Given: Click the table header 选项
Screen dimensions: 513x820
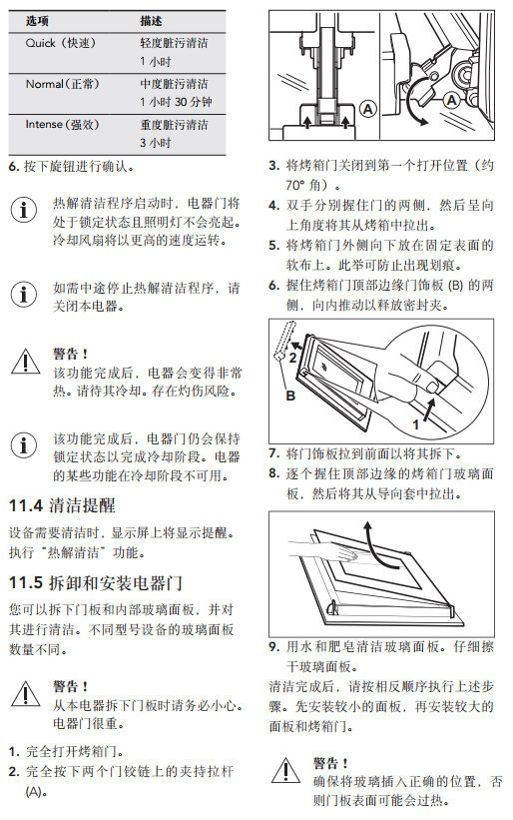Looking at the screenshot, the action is click(37, 21).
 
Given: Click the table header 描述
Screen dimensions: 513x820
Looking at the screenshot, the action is click(151, 21).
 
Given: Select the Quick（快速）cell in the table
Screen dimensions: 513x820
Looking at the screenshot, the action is click(61, 43).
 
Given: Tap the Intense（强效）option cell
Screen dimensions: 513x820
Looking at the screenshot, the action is click(62, 125).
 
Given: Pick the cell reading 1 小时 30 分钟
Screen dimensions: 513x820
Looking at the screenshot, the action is click(176, 102).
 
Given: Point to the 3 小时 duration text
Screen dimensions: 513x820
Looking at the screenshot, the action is click(155, 143).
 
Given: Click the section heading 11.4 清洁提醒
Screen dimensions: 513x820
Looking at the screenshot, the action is click(62, 505).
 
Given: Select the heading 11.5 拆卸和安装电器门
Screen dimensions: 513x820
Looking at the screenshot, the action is click(96, 583).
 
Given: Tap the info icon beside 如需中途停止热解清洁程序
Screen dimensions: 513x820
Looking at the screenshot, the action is click(24, 294).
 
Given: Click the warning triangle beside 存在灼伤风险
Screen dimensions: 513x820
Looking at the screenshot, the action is click(25, 362).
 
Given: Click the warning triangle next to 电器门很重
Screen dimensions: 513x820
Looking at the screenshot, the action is click(25, 693).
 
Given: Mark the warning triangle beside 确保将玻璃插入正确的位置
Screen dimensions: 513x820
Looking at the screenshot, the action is click(285, 770).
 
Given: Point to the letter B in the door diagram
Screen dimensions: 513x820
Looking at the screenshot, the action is click(290, 396).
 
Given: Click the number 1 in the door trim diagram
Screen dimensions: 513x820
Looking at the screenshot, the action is click(416, 424).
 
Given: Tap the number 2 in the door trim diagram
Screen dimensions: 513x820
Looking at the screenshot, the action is click(292, 358).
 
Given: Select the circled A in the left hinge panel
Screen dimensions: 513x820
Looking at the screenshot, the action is click(368, 109).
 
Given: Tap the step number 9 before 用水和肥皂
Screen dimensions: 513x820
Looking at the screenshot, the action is click(274, 647).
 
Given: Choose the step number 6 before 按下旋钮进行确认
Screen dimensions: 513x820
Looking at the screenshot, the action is click(14, 167).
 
